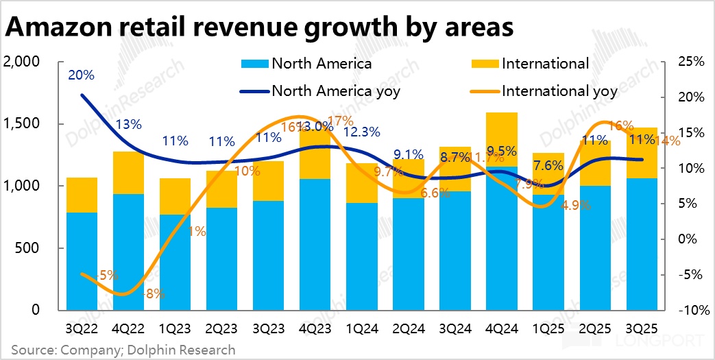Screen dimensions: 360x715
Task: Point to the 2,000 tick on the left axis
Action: point(22,62)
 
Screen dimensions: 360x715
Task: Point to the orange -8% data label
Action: point(154,294)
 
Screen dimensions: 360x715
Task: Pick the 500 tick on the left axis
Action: point(27,248)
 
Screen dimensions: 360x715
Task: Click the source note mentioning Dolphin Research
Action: point(123,350)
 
